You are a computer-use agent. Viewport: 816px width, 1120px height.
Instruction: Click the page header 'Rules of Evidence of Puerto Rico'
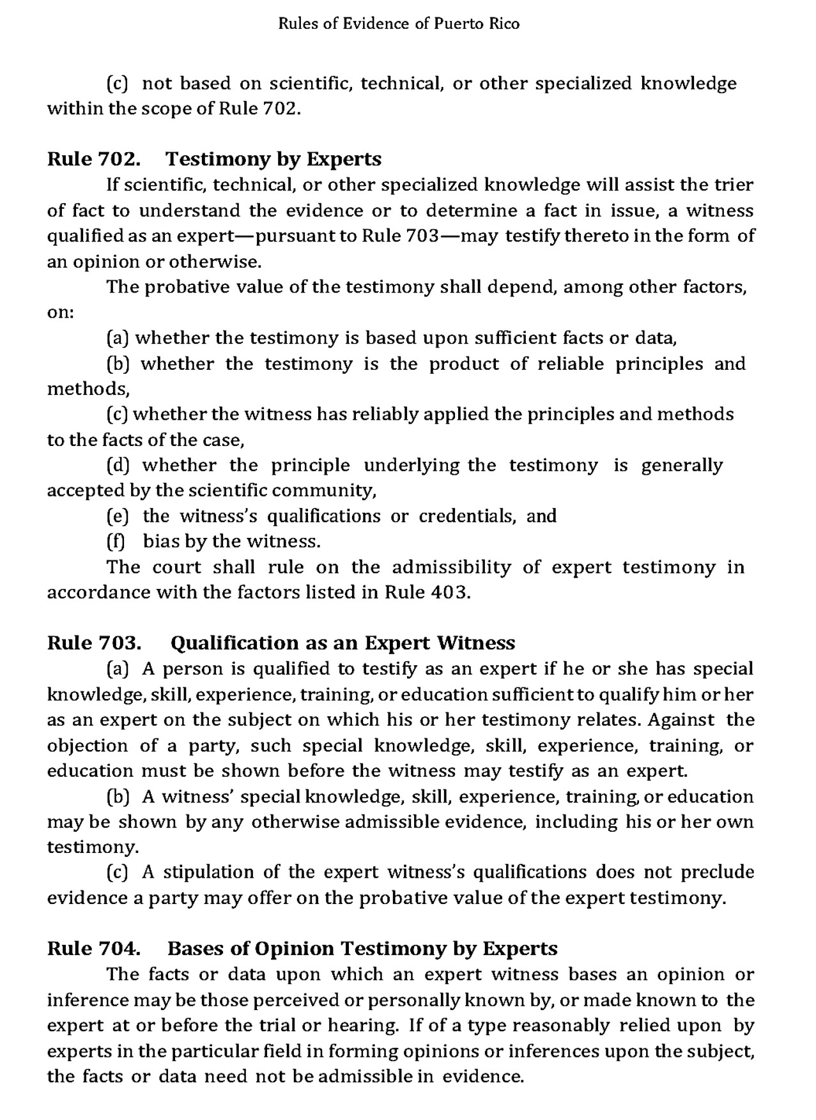coord(399,24)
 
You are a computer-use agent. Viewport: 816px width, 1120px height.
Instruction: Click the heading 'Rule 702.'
coord(94,158)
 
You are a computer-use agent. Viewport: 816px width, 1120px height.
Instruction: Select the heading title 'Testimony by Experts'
coord(273,158)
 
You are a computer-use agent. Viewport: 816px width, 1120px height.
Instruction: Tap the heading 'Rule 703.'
coord(94,642)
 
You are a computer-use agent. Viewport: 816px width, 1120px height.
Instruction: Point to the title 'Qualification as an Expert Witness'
coord(343,642)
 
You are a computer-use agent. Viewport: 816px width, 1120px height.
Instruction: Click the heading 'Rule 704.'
coord(94,948)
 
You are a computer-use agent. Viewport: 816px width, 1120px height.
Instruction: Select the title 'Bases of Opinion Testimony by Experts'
coord(362,948)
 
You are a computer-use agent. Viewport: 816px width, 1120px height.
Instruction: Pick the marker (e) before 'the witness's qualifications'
coord(118,516)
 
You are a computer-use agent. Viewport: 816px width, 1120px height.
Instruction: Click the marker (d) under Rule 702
coord(118,465)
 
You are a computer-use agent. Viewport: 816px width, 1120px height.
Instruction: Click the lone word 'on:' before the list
coord(61,313)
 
